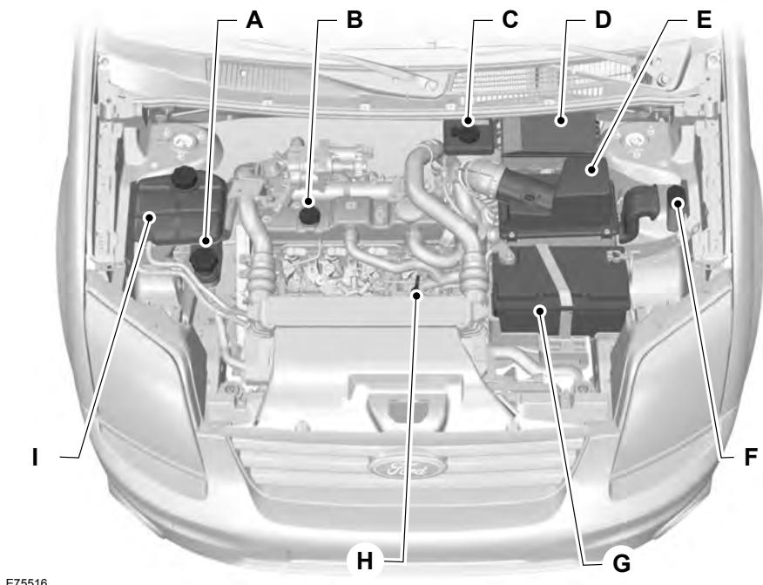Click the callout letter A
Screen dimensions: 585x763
click(253, 21)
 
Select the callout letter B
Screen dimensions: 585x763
click(354, 21)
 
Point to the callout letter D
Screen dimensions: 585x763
click(602, 21)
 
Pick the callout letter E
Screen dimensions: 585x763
click(703, 21)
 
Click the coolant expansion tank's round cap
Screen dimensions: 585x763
click(184, 177)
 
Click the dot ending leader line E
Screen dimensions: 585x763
click(592, 172)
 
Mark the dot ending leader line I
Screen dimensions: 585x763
click(152, 217)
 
